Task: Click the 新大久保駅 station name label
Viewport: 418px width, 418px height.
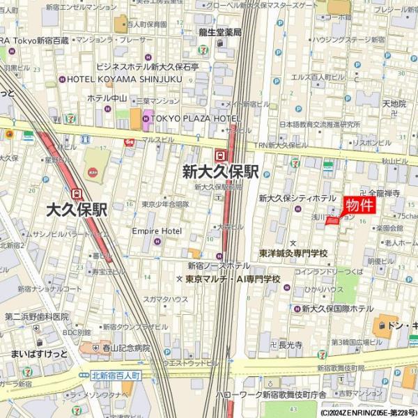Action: [221, 172]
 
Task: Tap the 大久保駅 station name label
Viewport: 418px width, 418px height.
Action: [77, 209]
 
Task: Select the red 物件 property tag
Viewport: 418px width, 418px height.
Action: [359, 205]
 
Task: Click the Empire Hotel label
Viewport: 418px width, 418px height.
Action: [157, 231]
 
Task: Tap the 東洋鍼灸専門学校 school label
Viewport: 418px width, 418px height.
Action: [293, 253]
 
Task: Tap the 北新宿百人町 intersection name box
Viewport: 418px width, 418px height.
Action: [116, 376]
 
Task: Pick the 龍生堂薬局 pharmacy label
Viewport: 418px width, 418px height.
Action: [219, 32]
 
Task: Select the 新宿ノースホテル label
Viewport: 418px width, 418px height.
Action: [218, 265]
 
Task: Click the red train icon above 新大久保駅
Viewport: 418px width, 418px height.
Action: [221, 155]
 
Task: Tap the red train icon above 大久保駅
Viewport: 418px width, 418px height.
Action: [77, 194]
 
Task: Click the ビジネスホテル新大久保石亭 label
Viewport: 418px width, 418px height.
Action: [147, 67]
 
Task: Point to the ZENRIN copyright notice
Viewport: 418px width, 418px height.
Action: [369, 412]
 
